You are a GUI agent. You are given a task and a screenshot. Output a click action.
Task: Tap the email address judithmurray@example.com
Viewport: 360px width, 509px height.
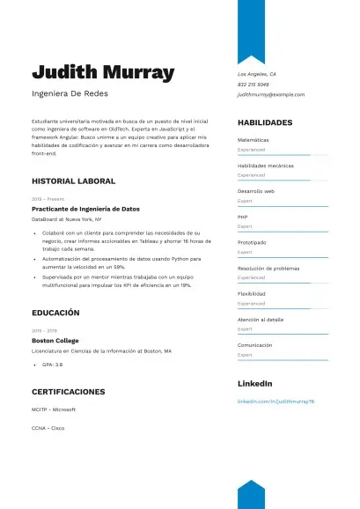271,94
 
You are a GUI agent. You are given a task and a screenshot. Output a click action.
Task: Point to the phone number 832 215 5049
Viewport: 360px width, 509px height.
254,85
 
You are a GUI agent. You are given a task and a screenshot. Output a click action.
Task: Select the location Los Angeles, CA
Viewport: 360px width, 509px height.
257,75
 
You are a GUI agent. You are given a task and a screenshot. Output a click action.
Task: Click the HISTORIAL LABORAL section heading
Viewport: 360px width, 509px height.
73,181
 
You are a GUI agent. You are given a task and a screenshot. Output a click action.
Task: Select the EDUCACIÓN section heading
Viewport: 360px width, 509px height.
55,313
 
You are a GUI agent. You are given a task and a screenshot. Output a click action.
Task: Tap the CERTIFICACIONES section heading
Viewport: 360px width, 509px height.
69,391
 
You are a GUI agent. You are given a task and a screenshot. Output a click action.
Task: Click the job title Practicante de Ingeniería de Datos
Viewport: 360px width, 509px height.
85,209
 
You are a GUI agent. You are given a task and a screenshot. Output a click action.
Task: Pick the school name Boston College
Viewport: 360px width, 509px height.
55,340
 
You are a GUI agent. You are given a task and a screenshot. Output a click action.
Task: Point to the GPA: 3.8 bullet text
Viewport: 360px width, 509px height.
53,364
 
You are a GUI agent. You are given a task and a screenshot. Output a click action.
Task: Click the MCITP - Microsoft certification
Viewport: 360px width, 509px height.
54,409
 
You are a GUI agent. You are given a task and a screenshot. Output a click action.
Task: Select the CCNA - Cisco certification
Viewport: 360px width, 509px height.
48,428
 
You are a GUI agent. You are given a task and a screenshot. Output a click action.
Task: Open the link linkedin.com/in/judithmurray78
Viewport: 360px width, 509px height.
276,401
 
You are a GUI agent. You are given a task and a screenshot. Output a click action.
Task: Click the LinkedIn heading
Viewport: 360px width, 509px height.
255,384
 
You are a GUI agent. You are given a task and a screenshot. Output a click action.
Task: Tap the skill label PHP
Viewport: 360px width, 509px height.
243,217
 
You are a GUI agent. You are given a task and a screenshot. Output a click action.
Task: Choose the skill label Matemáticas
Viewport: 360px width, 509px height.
253,140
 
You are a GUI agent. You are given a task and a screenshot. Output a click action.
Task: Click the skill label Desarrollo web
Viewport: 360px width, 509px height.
256,191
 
